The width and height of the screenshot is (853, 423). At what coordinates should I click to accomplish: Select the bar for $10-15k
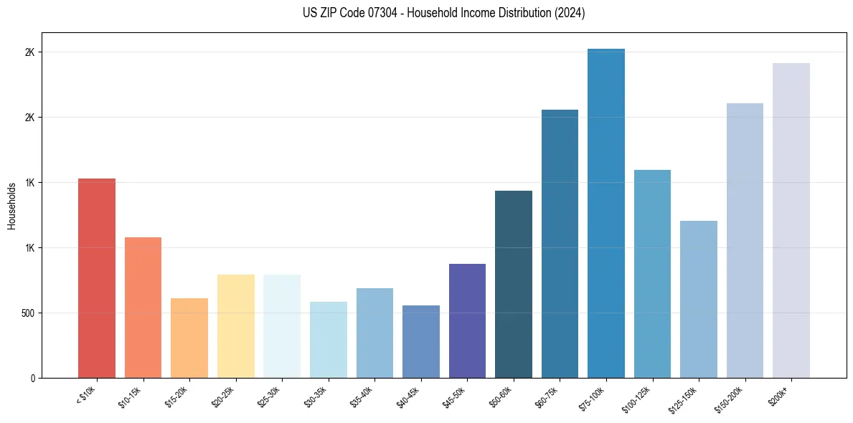coord(143,308)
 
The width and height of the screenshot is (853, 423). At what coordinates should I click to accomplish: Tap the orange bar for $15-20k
coord(189,338)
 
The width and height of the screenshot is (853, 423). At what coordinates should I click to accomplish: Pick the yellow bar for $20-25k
coord(235,326)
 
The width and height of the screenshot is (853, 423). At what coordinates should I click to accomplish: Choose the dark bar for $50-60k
coord(514,284)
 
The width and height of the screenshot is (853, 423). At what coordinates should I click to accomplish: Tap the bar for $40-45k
coord(421,341)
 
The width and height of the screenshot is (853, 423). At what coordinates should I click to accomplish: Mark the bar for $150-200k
coord(745,240)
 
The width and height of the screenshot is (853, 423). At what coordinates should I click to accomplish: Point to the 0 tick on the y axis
coord(33,378)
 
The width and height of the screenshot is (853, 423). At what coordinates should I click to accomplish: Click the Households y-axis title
coord(11,206)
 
